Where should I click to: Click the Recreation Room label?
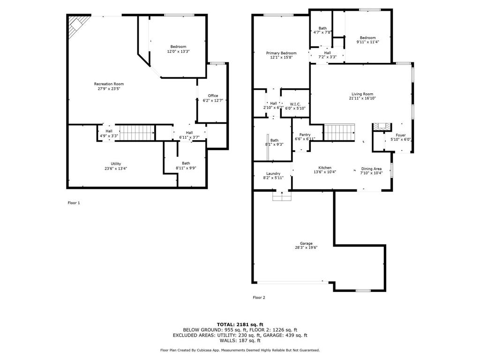(x=109, y=84)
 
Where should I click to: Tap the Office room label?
(x=213, y=96)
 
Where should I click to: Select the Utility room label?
(x=116, y=164)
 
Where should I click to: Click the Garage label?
(x=307, y=243)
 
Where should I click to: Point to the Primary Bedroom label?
(x=281, y=53)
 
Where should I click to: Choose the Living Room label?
(x=362, y=94)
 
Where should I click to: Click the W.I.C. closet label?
(x=295, y=104)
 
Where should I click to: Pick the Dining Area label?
(x=371, y=169)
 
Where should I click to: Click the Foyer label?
(x=401, y=135)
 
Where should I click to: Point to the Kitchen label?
(x=325, y=168)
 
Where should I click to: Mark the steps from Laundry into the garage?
(x=281, y=196)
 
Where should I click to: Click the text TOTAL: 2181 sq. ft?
(x=240, y=324)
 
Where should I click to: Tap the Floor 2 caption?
(x=259, y=297)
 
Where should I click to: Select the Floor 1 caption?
(x=74, y=202)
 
